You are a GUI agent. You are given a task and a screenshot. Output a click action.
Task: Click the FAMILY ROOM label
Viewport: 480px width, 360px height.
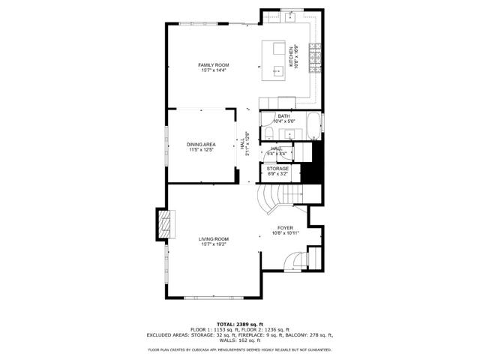(x=214, y=65)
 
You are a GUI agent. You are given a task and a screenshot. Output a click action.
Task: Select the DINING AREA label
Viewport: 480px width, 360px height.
(x=202, y=145)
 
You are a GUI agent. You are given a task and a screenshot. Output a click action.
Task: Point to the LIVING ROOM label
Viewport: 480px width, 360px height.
(x=213, y=239)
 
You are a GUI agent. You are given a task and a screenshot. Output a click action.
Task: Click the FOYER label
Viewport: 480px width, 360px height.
(x=285, y=227)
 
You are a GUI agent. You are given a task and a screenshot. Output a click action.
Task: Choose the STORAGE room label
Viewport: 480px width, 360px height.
(x=278, y=169)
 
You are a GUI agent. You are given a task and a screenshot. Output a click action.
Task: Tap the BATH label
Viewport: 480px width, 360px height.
(x=283, y=116)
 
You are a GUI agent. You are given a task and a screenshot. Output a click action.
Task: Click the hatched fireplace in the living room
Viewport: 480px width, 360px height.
(x=164, y=225)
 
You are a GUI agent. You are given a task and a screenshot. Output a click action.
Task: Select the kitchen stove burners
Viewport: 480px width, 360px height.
(x=316, y=52)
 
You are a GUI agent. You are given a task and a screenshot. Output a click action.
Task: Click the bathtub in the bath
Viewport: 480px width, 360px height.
(x=313, y=128)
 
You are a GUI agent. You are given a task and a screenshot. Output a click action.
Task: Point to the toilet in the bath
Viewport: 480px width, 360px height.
(x=268, y=133)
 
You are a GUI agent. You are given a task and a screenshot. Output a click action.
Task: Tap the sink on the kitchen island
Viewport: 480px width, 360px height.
(x=279, y=50)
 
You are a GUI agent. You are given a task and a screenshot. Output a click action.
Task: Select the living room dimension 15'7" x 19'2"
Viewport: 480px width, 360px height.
(x=213, y=244)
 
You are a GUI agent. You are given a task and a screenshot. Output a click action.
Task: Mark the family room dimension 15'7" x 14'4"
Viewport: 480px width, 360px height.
(x=214, y=70)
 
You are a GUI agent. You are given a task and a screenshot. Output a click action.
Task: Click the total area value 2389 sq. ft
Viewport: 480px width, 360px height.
(x=253, y=324)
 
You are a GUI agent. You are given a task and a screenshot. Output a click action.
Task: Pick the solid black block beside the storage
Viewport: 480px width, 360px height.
(x=310, y=164)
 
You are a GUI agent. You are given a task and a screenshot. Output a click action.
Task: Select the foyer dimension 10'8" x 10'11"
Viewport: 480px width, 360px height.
(x=285, y=232)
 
